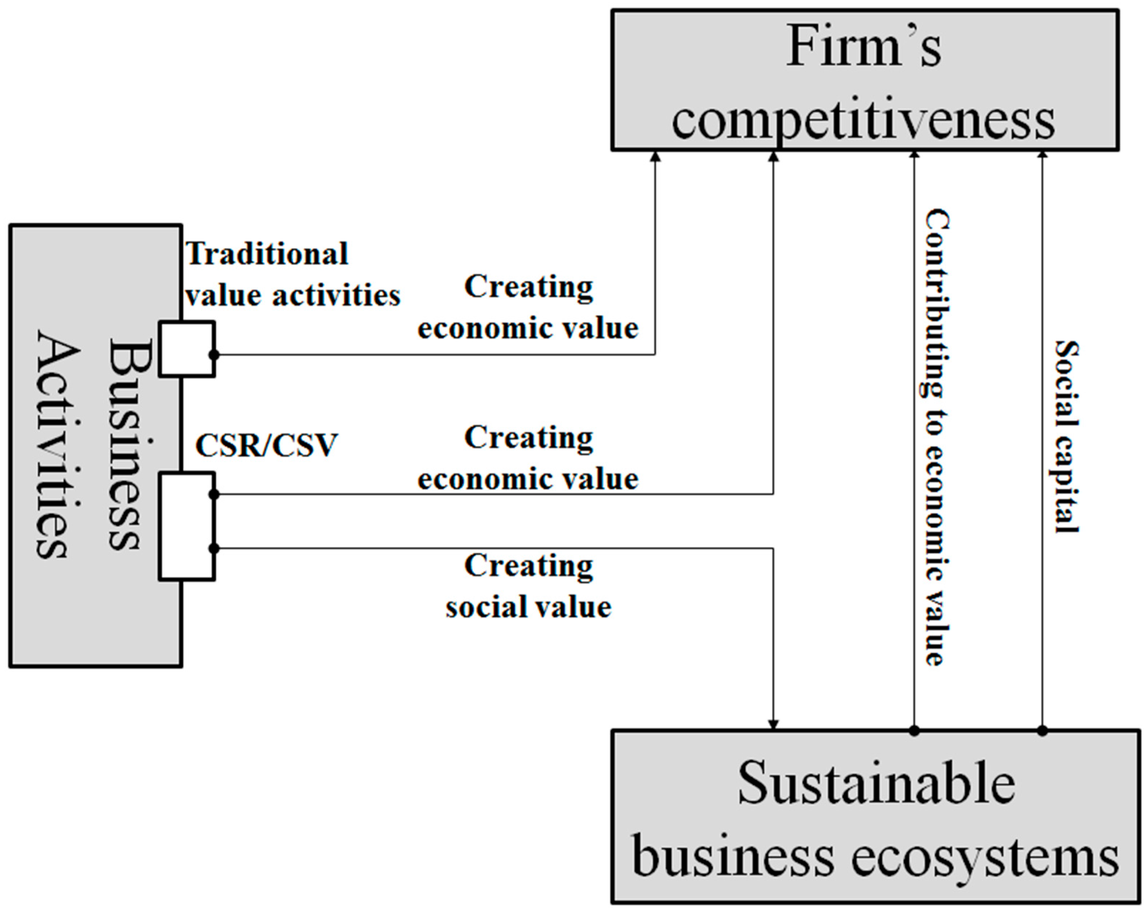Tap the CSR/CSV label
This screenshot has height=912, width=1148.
tap(266, 445)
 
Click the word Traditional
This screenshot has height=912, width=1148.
tap(267, 254)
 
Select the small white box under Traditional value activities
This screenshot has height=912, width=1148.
tap(186, 349)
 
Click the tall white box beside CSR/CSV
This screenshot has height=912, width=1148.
tap(186, 526)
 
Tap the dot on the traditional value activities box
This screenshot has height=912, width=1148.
tap(214, 355)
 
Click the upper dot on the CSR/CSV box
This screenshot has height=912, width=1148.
tap(214, 495)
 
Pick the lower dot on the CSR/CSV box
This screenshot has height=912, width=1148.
tap(214, 548)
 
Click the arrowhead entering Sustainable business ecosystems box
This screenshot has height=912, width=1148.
tap(773, 725)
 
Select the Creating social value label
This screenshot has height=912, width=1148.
tap(528, 586)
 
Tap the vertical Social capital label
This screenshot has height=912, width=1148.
tap(1067, 437)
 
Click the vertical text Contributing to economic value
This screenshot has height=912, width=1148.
tap(936, 437)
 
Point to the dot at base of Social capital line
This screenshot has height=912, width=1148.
tap(1043, 731)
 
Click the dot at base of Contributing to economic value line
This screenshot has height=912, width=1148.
tap(914, 731)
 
